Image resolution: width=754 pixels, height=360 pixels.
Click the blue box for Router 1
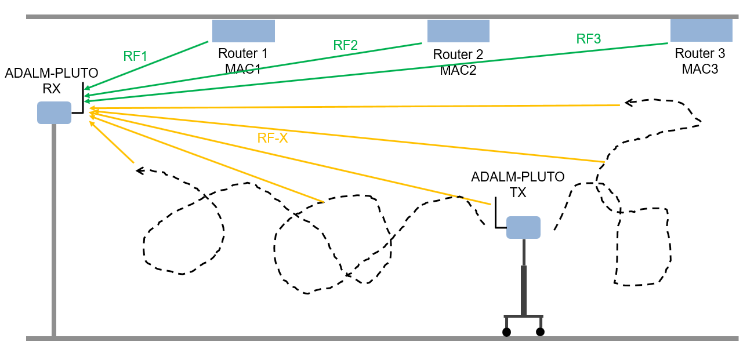[x=243, y=31]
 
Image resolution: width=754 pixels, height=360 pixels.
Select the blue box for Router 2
[x=458, y=31]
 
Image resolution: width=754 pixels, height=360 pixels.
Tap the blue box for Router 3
[x=701, y=30]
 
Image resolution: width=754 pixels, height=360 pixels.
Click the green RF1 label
[x=135, y=56]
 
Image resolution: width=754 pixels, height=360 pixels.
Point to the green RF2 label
[x=345, y=45]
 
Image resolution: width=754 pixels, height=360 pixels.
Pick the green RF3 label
[x=588, y=39]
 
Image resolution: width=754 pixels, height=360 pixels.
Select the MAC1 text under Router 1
[x=243, y=69]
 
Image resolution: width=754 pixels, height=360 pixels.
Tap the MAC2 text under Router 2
[x=458, y=70]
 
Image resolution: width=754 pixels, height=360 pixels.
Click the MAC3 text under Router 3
[x=700, y=69]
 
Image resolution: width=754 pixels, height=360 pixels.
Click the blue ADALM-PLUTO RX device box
[x=54, y=112]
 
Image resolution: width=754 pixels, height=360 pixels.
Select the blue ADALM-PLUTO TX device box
[x=523, y=227]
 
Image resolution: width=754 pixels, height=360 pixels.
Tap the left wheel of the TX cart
[x=506, y=332]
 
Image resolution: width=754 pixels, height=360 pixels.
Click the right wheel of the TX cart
[x=541, y=332]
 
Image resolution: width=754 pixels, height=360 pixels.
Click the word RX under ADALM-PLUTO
[x=52, y=89]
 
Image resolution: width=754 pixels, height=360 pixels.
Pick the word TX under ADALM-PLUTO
[x=517, y=192]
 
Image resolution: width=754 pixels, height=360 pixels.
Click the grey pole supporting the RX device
[x=54, y=232]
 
